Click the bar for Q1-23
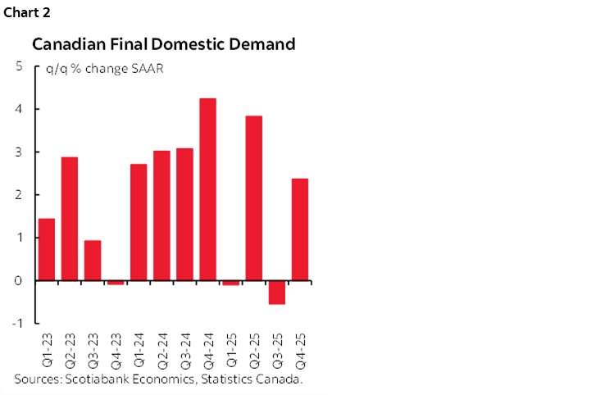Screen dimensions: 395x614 click(47, 249)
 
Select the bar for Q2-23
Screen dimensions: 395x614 click(70, 219)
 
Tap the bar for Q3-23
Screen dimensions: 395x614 click(93, 260)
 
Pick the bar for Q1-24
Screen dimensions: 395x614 click(139, 222)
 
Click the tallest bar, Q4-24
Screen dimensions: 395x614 click(208, 189)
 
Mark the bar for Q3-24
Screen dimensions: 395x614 click(185, 214)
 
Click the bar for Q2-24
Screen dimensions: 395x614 click(161, 216)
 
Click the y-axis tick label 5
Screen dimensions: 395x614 click(18, 66)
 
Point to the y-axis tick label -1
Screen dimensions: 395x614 click(16, 323)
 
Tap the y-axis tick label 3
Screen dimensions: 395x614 click(18, 152)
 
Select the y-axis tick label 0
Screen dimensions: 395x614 click(18, 280)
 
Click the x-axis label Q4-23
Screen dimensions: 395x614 click(116, 349)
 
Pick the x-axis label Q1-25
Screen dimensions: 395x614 click(231, 349)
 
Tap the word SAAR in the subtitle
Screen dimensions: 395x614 click(148, 69)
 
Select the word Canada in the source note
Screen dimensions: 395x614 click(281, 379)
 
